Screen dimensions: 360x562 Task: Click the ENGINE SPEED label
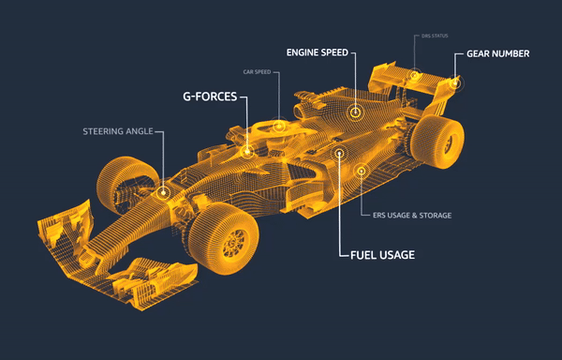pos(318,52)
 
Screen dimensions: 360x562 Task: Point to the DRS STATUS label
pos(431,36)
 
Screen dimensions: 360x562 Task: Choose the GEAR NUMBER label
pos(498,53)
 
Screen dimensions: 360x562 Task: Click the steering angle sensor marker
pos(164,192)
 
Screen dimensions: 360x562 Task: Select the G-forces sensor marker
pos(247,150)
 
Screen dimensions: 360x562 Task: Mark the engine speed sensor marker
pos(356,112)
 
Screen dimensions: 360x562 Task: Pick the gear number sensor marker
pos(454,82)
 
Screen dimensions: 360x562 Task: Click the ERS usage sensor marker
pos(361,171)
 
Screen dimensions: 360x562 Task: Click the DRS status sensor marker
pos(413,75)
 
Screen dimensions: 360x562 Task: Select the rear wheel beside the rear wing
pos(442,141)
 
